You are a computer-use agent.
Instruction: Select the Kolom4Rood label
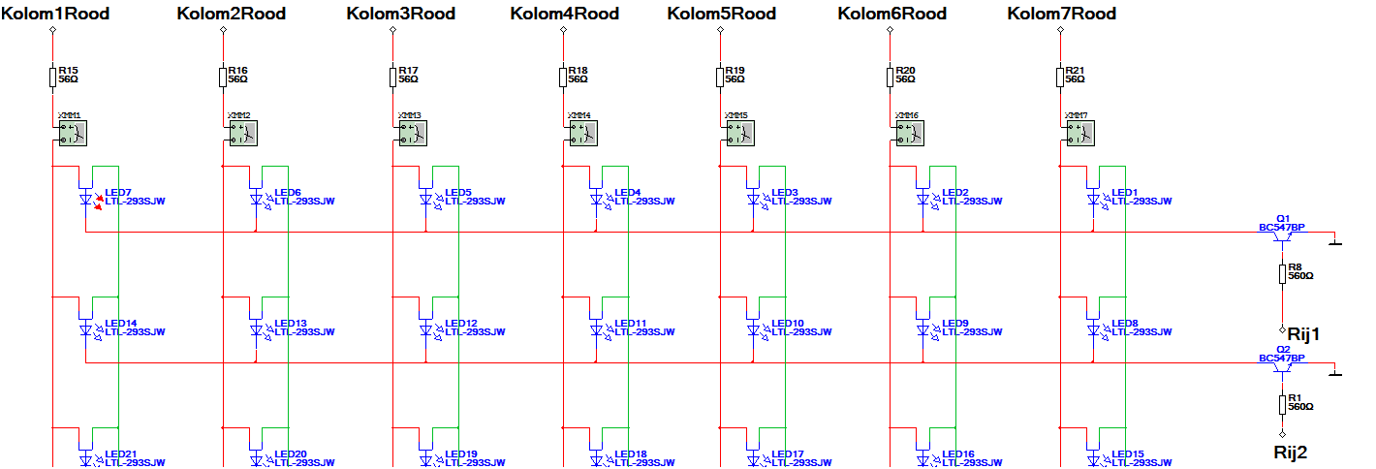(x=564, y=14)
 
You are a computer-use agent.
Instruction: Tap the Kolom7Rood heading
(x=1061, y=14)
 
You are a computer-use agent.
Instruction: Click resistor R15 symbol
(x=53, y=78)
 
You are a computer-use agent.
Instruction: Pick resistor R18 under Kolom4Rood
(x=563, y=78)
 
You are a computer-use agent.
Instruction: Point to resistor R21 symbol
(x=1060, y=78)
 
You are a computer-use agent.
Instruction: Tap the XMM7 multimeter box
(x=1079, y=133)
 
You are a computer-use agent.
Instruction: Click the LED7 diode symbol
(x=86, y=201)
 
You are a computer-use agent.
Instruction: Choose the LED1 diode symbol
(x=1093, y=201)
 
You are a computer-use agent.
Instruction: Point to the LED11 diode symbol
(x=595, y=330)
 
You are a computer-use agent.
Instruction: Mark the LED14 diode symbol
(x=86, y=330)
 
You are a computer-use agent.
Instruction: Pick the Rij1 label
(x=1304, y=334)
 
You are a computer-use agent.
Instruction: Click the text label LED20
(x=291, y=453)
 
